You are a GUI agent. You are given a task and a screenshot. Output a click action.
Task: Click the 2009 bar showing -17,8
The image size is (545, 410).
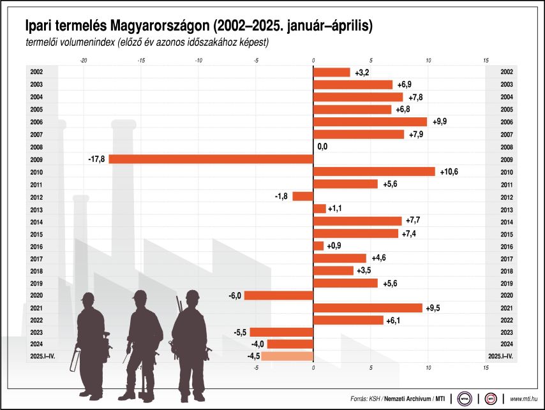(x=211, y=159)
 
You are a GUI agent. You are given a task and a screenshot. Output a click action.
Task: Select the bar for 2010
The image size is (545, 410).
(x=374, y=172)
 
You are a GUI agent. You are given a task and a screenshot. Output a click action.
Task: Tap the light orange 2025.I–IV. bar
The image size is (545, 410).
(x=287, y=356)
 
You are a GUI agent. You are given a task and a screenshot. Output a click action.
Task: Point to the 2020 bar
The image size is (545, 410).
(x=279, y=295)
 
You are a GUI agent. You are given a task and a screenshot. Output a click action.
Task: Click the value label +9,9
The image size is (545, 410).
(x=441, y=122)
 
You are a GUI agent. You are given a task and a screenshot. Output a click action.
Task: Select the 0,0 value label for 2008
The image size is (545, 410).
(x=322, y=147)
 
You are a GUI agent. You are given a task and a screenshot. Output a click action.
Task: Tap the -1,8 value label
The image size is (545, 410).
(x=281, y=196)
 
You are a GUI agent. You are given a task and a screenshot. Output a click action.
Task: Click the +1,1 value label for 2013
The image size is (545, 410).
(x=336, y=209)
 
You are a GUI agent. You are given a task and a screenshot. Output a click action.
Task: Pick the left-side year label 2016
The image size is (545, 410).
(x=36, y=246)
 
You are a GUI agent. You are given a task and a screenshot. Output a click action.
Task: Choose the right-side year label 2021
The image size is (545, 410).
(x=507, y=308)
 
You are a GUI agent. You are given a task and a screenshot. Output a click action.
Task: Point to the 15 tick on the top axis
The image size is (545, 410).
(x=486, y=61)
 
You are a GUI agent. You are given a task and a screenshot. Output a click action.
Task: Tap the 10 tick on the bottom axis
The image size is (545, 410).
(x=428, y=368)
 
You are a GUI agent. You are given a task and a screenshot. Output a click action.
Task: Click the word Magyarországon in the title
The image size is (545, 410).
(x=160, y=26)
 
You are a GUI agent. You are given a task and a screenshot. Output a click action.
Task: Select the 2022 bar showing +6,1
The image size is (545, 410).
(x=348, y=320)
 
